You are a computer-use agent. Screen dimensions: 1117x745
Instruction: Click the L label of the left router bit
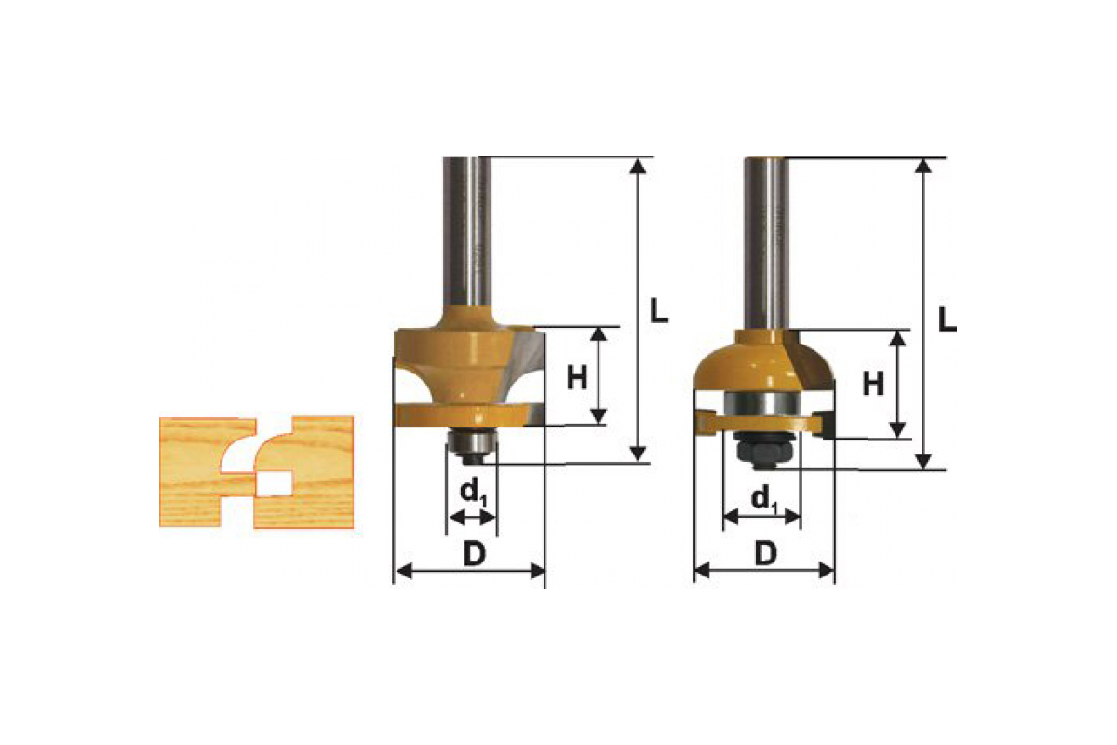tap(659, 310)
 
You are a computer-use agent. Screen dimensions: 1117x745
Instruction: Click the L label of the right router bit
tap(948, 319)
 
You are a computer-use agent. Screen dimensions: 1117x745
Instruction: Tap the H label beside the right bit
tap(873, 384)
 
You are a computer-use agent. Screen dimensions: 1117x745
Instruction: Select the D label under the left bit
tap(474, 554)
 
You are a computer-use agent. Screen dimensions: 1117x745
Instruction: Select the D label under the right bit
tap(766, 554)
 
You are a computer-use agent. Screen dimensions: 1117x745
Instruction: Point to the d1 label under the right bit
tap(764, 499)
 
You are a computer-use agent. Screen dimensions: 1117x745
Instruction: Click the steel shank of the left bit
tap(467, 232)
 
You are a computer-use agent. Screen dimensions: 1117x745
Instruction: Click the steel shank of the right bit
tap(766, 243)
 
